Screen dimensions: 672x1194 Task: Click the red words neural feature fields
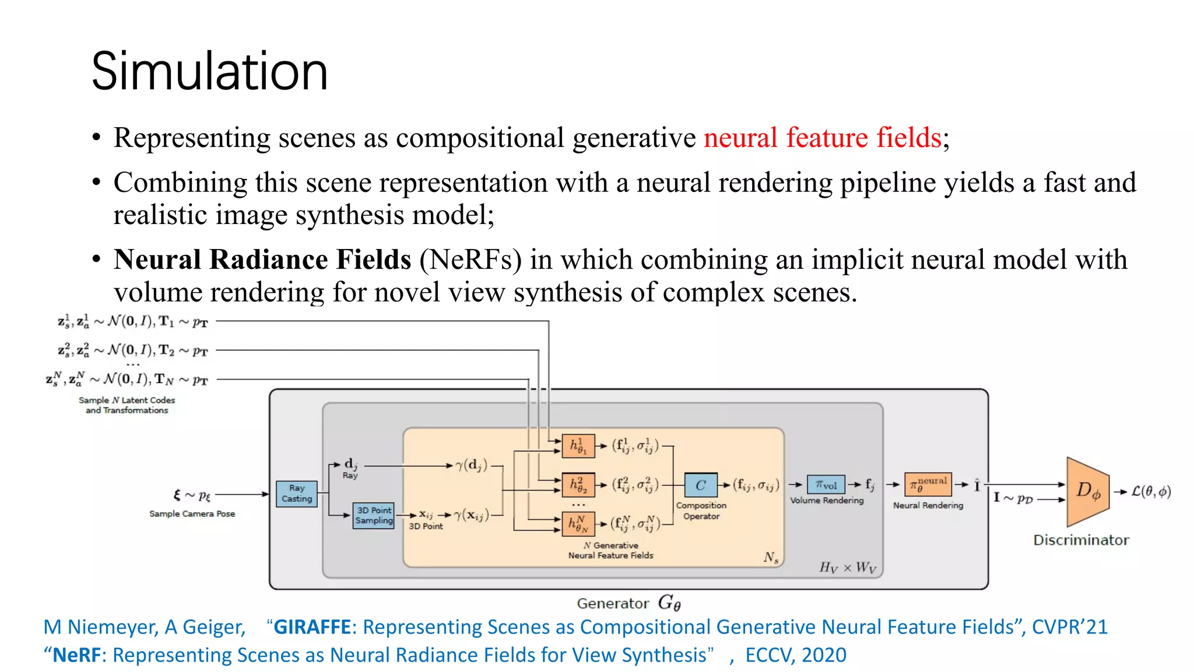pos(822,138)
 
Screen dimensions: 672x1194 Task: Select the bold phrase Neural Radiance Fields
pos(262,260)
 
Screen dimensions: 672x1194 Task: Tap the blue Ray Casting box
pos(297,494)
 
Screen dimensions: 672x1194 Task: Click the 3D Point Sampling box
pos(374,516)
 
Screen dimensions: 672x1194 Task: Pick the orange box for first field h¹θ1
pos(578,446)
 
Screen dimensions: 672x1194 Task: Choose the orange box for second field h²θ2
pos(578,484)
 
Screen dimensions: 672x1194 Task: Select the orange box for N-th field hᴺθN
pos(578,524)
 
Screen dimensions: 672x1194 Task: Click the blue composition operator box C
pos(700,485)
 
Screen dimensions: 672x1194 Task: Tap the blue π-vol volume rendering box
pos(826,485)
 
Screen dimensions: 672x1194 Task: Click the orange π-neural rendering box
pos(928,484)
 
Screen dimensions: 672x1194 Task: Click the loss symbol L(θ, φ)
pos(1151,492)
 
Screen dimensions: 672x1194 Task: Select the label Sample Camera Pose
pos(192,514)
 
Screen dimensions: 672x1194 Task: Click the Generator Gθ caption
pos(628,603)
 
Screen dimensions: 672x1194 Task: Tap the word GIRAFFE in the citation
pos(312,627)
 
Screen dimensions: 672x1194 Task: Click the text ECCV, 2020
pos(795,655)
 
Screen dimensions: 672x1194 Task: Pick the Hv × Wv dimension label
pos(847,567)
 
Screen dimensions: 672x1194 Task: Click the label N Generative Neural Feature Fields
pos(610,550)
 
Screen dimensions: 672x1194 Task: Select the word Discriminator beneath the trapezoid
pos(1081,540)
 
